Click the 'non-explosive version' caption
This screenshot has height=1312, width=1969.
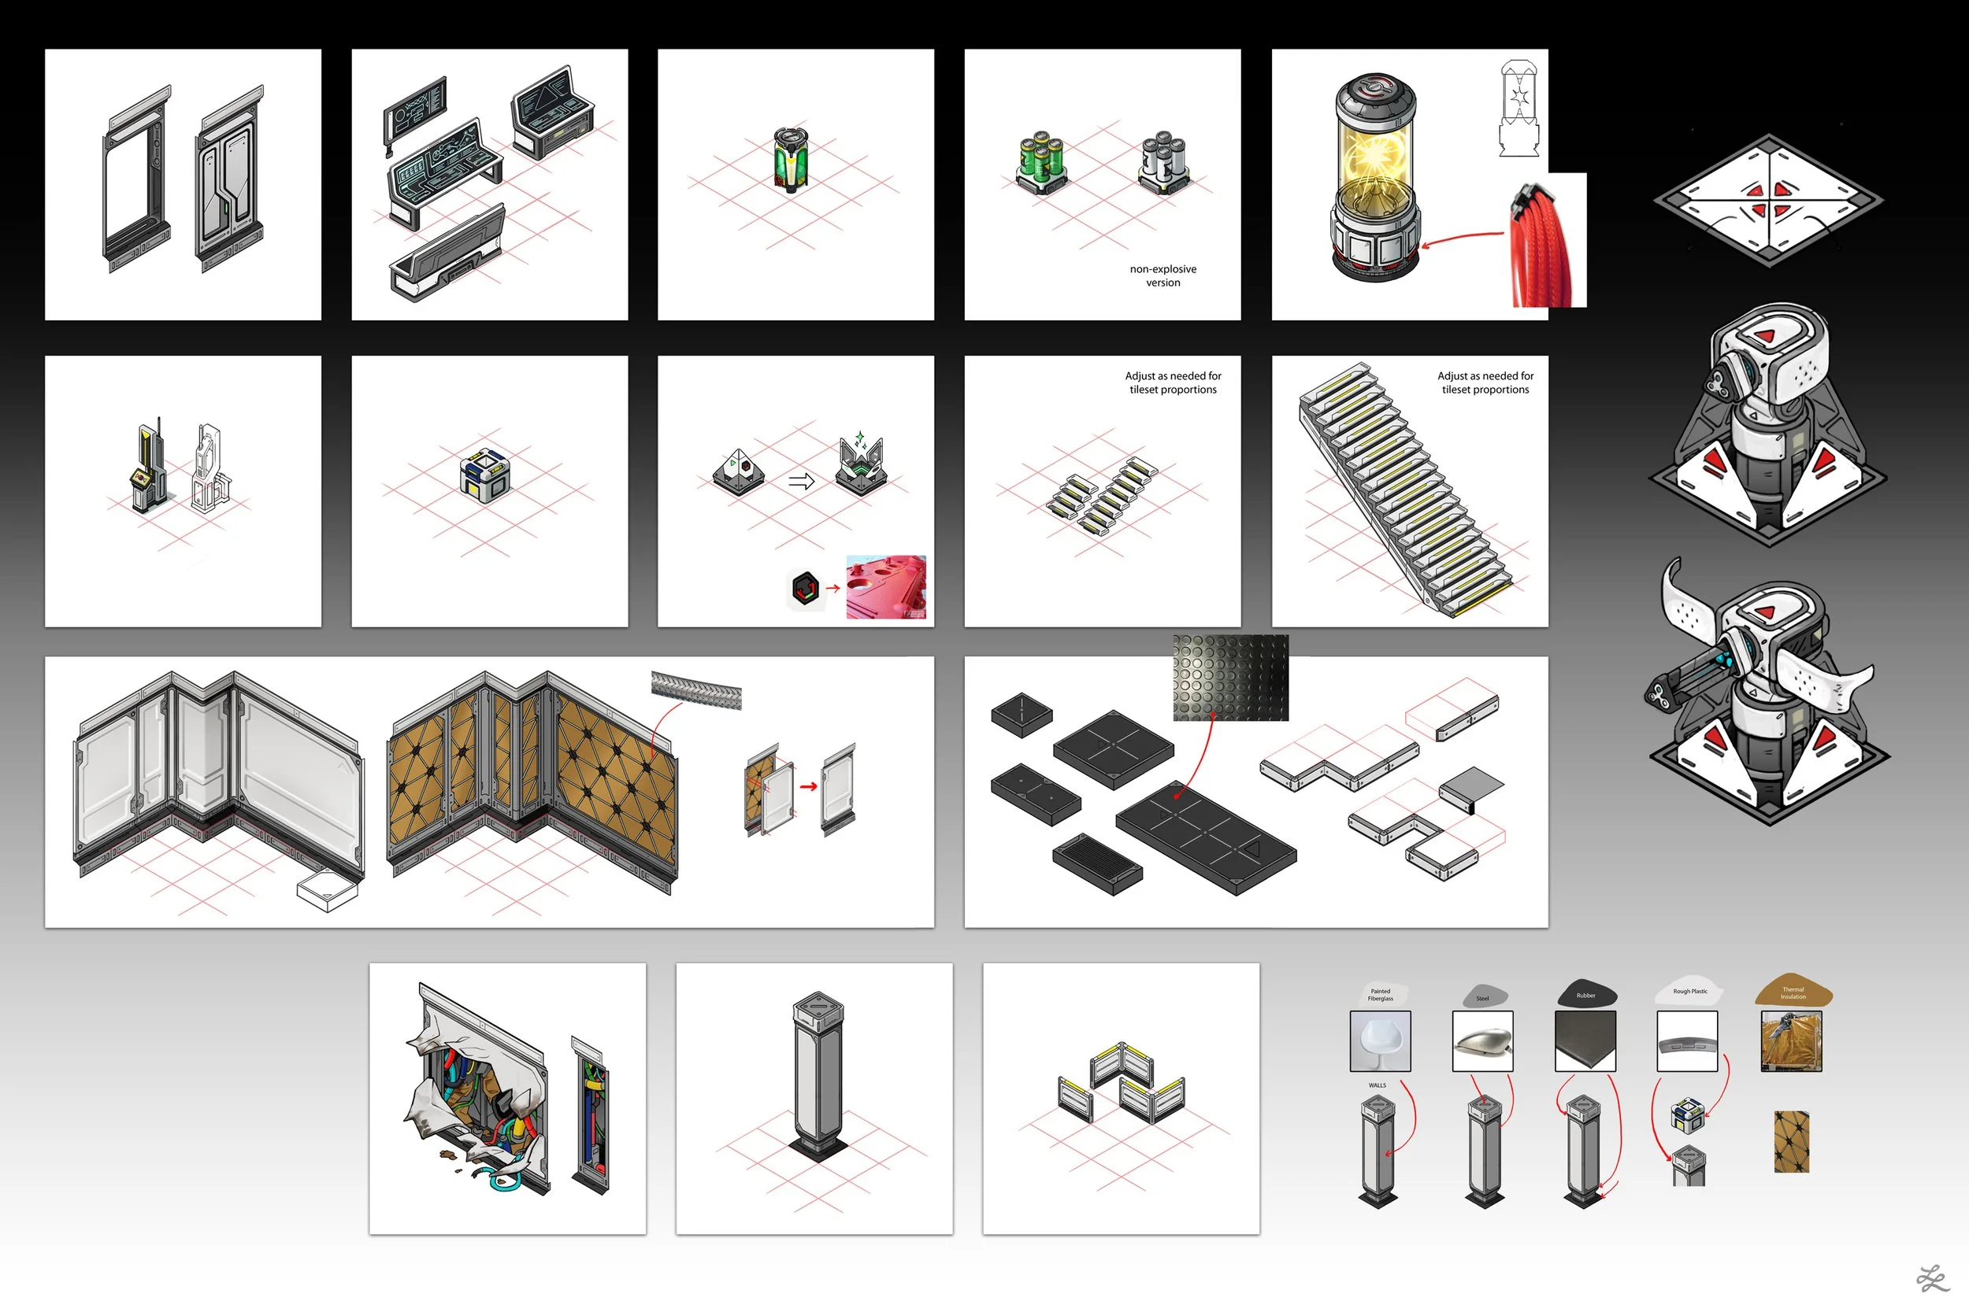(x=1162, y=275)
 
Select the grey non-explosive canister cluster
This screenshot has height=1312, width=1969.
(x=1163, y=161)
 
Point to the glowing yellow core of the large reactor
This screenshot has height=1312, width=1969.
(x=1374, y=159)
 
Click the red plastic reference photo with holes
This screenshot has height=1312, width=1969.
(x=886, y=586)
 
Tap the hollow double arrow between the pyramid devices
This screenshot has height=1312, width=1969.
(x=801, y=481)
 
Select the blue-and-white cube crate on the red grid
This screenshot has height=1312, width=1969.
(x=484, y=475)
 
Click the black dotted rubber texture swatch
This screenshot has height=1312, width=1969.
(x=1229, y=677)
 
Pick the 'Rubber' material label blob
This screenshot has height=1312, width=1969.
(x=1585, y=993)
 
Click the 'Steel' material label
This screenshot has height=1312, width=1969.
(x=1485, y=996)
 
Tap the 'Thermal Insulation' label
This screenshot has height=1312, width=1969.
(x=1793, y=992)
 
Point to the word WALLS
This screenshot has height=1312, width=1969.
(x=1378, y=1085)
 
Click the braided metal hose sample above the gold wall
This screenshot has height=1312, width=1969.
(x=695, y=689)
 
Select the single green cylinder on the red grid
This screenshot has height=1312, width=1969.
(x=790, y=158)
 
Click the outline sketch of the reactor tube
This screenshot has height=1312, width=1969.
(x=1518, y=109)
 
